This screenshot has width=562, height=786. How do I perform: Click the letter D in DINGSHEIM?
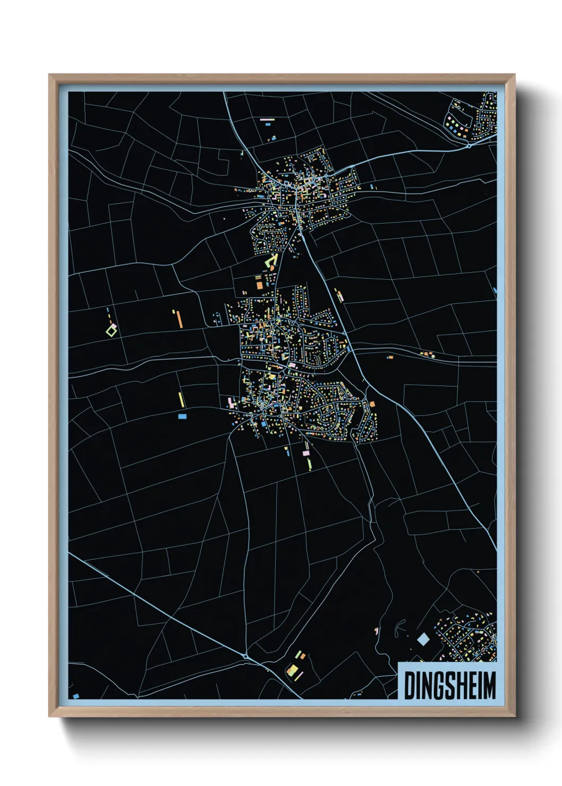tap(410, 686)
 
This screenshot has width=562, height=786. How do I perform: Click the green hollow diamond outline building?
tap(111, 331)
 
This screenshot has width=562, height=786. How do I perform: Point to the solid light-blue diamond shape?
tap(423, 639)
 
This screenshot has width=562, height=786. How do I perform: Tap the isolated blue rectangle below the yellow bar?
tap(182, 416)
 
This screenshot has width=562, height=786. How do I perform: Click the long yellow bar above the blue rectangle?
tap(181, 400)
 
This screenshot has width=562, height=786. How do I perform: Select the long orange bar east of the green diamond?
tap(180, 319)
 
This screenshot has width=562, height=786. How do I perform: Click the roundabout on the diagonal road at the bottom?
tap(246, 657)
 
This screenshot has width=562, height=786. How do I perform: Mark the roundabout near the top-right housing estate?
tap(469, 145)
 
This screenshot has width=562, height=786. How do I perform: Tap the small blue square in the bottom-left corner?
tap(76, 696)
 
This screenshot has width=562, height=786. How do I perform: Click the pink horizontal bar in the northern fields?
tap(267, 119)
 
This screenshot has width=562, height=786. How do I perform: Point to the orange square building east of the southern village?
tap(372, 404)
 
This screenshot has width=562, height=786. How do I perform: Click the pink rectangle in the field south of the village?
tap(305, 453)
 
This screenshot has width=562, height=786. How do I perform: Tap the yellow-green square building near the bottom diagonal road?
tap(292, 670)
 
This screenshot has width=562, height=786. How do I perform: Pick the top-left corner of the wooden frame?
tap(49, 75)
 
